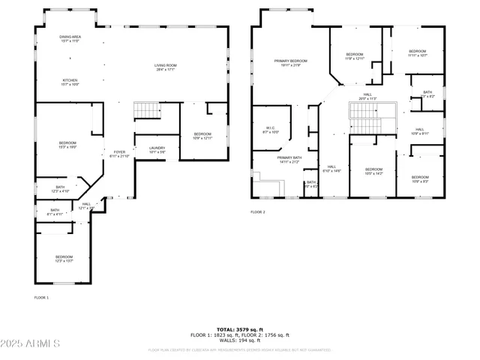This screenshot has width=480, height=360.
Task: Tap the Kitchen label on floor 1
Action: click(x=70, y=82)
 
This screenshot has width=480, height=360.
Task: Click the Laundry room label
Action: click(x=157, y=149)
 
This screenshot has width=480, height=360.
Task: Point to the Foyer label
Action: click(x=120, y=154)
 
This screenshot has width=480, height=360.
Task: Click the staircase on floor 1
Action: click(x=148, y=110)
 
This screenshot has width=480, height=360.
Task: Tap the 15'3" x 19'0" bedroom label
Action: click(x=69, y=145)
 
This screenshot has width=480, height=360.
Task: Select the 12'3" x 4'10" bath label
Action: click(x=60, y=189)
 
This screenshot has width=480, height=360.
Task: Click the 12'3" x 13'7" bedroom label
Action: click(x=64, y=259)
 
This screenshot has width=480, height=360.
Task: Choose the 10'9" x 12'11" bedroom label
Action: click(x=202, y=136)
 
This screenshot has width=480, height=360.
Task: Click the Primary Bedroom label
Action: click(x=289, y=63)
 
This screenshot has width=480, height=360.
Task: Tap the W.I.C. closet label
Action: click(x=271, y=130)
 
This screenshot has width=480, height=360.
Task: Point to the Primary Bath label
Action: click(x=288, y=159)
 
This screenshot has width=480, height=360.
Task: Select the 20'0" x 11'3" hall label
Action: click(x=367, y=96)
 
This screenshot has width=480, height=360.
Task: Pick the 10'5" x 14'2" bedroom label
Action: click(x=373, y=171)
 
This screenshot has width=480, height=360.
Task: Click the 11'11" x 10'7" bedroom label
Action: click(x=418, y=53)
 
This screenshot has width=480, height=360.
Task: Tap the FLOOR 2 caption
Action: click(x=258, y=212)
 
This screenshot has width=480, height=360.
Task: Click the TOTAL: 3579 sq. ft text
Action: click(x=239, y=329)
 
